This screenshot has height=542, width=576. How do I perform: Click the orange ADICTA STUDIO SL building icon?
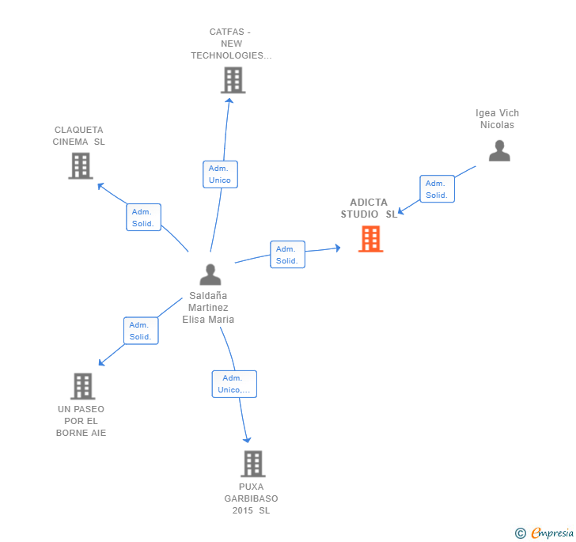coord(370,239)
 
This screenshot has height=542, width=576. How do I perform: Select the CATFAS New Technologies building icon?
coord(233,81)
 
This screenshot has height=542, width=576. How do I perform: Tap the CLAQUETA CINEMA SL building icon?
coord(81,166)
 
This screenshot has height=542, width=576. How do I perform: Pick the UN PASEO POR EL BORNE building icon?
coord(82,386)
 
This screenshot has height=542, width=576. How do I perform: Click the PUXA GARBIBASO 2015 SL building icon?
coord(252,464)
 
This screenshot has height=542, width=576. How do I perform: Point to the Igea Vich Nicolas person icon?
coord(499,151)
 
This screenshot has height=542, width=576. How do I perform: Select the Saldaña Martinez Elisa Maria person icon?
coord(210,275)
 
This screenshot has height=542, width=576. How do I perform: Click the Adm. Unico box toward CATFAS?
coord(220,174)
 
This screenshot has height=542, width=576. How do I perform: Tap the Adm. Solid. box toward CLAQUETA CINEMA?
coord(143,218)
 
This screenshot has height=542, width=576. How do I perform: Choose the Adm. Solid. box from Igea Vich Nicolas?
coord(437,189)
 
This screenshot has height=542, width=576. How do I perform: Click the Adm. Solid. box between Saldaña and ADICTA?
coord(287,255)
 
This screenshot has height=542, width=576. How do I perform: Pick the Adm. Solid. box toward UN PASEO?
coord(141,331)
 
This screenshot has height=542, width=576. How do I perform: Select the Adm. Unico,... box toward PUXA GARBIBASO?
coord(234,384)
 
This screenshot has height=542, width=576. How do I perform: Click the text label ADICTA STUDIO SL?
coord(369,208)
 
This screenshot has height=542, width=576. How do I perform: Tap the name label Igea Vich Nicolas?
coord(497,119)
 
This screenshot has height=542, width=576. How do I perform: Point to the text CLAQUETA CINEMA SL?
coord(79,136)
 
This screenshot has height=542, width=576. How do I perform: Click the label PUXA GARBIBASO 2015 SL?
coord(251,498)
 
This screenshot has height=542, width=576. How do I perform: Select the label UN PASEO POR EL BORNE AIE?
coord(81,421)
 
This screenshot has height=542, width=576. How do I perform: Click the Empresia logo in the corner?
coord(546,533)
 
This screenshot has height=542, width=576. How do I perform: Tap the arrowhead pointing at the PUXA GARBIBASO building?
coord(248,439)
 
